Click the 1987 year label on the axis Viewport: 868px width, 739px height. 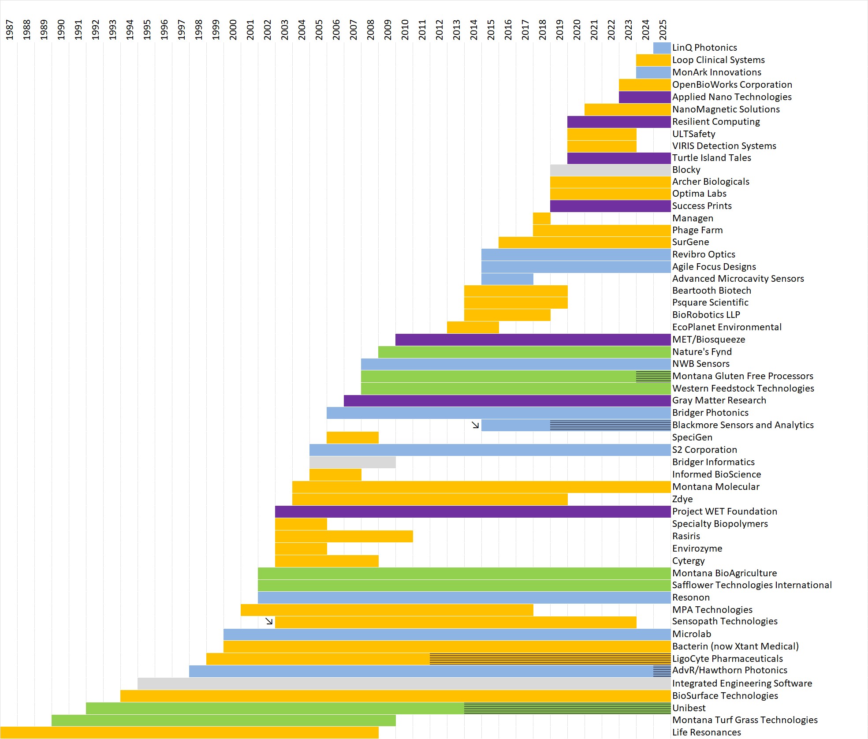click(9, 30)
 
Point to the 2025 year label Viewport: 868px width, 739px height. click(663, 30)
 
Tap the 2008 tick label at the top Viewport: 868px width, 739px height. click(370, 30)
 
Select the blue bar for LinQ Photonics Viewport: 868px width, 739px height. click(662, 48)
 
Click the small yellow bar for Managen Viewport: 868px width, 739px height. click(541, 218)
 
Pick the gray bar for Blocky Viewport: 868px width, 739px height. click(610, 170)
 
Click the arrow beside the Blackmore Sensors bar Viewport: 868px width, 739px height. click(475, 425)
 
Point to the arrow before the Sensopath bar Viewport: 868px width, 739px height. click(269, 621)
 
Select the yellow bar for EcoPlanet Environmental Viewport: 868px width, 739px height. click(473, 327)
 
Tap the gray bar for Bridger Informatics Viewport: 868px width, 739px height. click(352, 462)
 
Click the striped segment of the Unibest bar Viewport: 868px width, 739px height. click(567, 708)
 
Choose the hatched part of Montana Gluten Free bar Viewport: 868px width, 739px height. click(653, 376)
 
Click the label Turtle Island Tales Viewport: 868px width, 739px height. click(712, 158)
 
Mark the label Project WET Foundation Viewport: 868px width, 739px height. click(724, 511)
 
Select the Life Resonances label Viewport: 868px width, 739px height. click(706, 732)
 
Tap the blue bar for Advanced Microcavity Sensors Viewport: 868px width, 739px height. click(507, 279)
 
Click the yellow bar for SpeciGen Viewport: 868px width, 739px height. click(352, 437)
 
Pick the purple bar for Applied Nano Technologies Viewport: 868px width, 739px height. click(644, 97)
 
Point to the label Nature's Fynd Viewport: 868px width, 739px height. click(702, 352)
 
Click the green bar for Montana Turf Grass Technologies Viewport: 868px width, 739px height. click(224, 720)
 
